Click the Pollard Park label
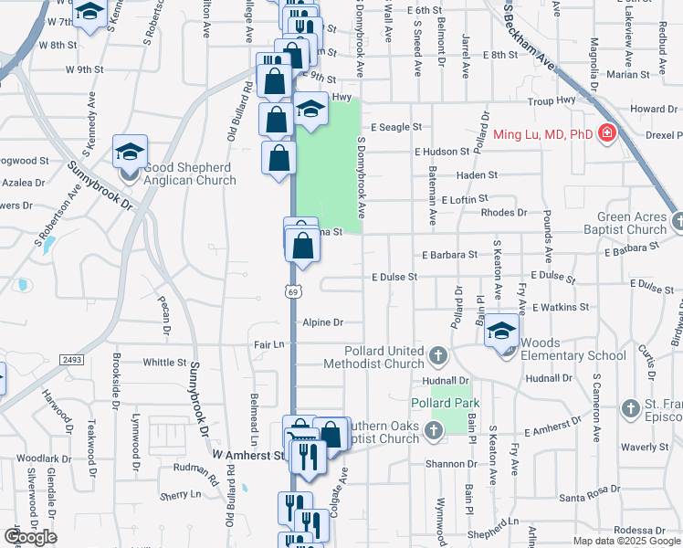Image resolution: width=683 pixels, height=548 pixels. pyautogui.click(x=446, y=403)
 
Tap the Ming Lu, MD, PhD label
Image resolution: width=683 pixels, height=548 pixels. pyautogui.click(x=543, y=135)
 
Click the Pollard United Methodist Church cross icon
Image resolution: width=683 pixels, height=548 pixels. pyautogui.click(x=437, y=354)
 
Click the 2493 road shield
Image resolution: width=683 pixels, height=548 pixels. pyautogui.click(x=73, y=361)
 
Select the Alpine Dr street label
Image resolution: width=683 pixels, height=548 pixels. pyautogui.click(x=324, y=322)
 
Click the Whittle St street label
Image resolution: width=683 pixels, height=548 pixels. pyautogui.click(x=164, y=363)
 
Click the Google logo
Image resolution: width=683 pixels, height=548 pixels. pyautogui.click(x=31, y=537)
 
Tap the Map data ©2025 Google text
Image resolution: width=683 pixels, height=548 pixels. pyautogui.click(x=626, y=541)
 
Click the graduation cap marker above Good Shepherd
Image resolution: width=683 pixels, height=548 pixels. pyautogui.click(x=130, y=151)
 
